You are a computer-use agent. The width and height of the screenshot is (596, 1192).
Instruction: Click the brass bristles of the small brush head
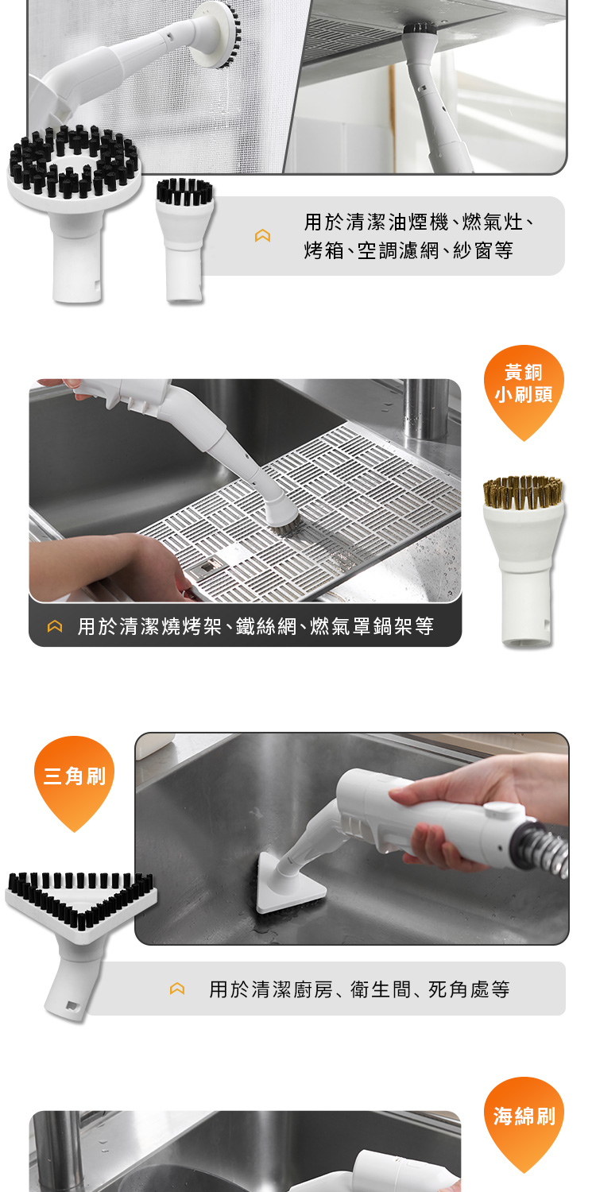coord(523,490)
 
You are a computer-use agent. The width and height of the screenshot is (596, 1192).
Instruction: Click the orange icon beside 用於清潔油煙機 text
coord(262,236)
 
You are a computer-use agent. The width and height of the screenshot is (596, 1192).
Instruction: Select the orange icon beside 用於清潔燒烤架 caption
coord(55,626)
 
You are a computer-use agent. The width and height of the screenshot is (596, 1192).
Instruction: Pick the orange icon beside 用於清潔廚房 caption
coord(177,989)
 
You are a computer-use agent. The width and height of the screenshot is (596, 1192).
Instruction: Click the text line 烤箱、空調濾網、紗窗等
coord(408,250)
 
